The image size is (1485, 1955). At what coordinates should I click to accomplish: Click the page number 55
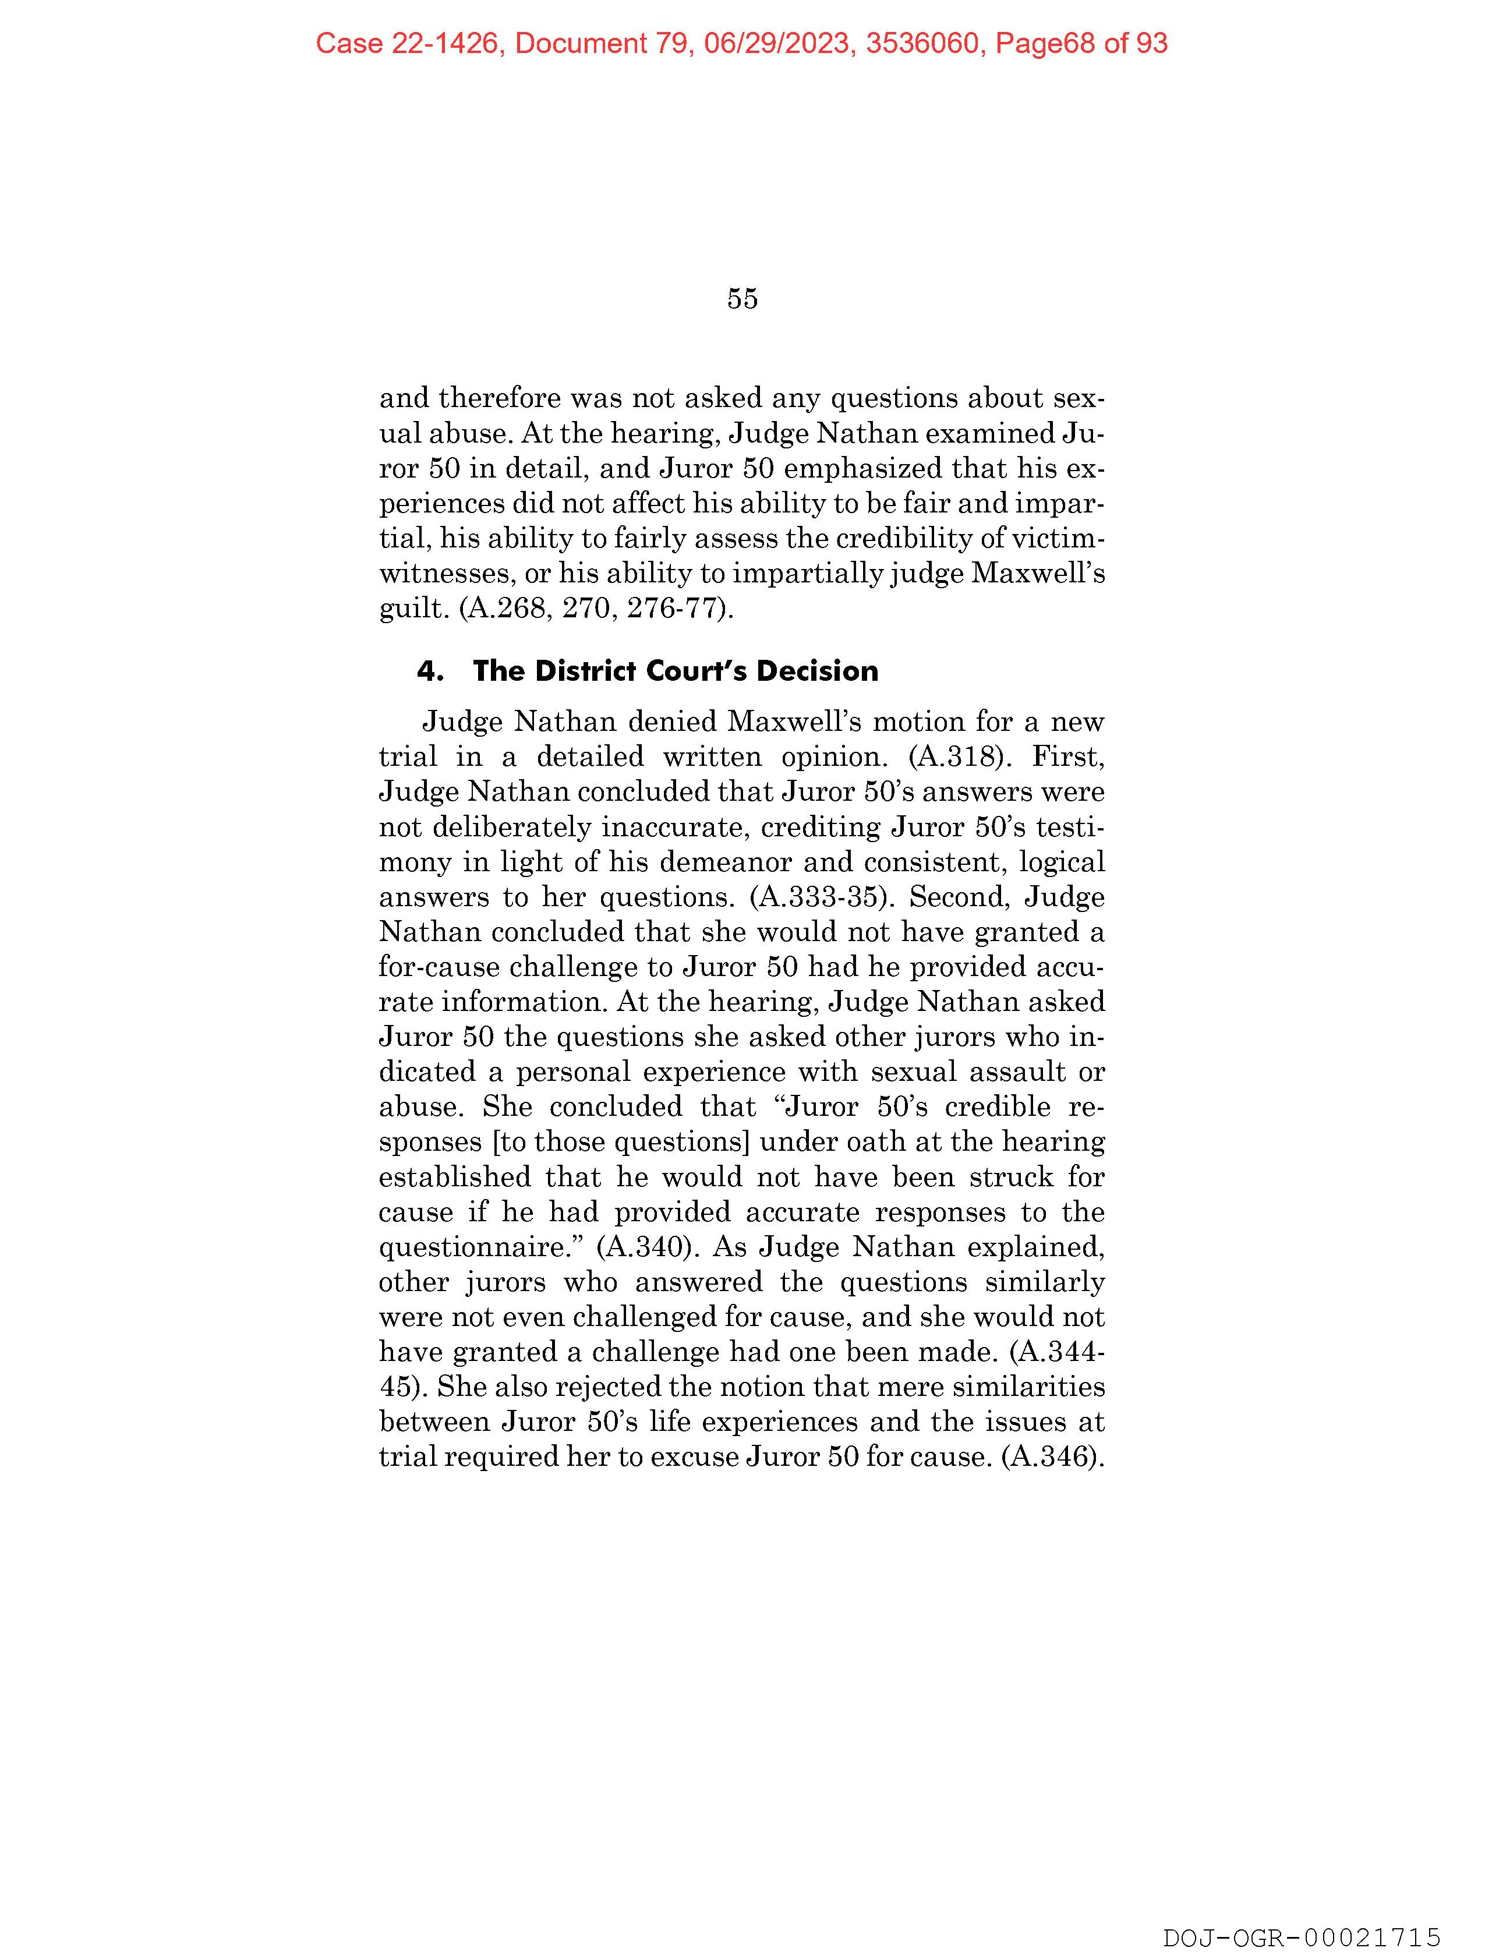(x=742, y=299)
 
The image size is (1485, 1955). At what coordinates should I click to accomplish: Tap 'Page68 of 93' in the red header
(x=1081, y=43)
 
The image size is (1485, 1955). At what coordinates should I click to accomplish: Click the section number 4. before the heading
(x=430, y=671)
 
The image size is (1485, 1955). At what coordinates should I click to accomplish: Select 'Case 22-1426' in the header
(x=408, y=43)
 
